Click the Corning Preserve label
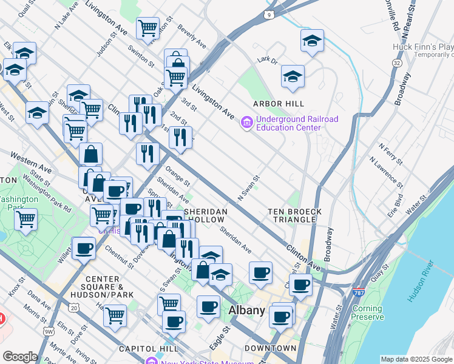pos(368,312)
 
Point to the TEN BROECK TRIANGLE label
pos(295,215)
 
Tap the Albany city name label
pos(247,311)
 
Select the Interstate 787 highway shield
pos(360,292)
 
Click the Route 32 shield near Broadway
pos(397,63)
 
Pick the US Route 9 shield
pos(268,13)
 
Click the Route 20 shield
pos(74,308)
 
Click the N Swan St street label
pos(249,189)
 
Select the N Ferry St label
pos(390,154)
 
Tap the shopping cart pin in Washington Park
pos(26,219)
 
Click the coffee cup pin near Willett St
pos(84,248)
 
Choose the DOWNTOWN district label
pos(270,348)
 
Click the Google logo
pos(20,357)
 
